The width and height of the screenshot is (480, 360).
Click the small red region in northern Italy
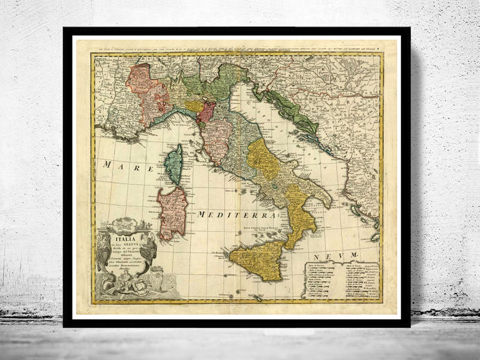(x=208, y=111)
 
